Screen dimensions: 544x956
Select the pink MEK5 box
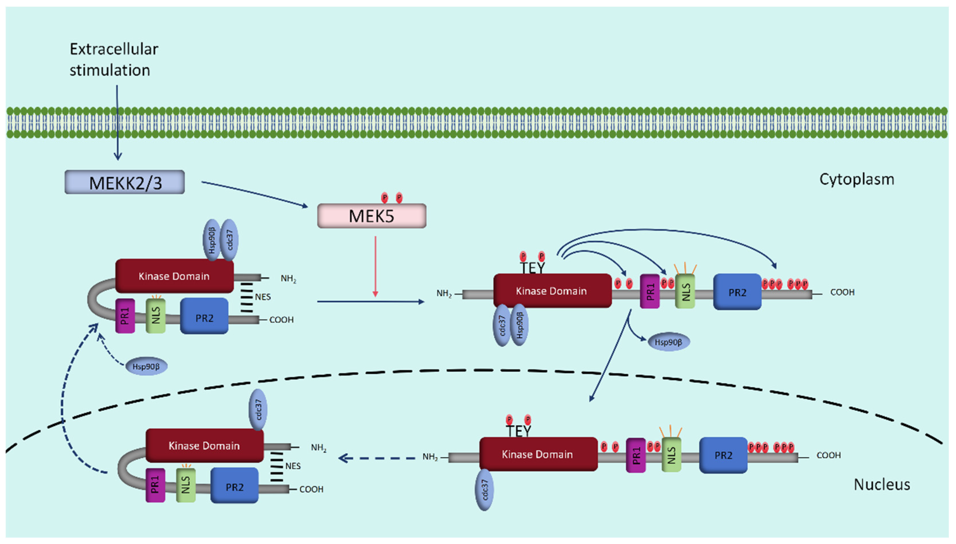[372, 216]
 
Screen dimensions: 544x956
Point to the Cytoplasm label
[856, 179]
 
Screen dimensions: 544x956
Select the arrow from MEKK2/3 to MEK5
[254, 194]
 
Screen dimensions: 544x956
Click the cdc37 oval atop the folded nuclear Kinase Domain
[258, 409]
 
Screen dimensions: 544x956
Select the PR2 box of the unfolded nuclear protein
[723, 455]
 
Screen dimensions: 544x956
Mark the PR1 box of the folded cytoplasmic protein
[125, 316]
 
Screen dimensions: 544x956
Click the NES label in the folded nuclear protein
[293, 466]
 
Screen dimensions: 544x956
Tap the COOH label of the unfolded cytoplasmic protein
[842, 292]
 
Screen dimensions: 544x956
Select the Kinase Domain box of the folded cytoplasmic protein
[174, 276]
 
